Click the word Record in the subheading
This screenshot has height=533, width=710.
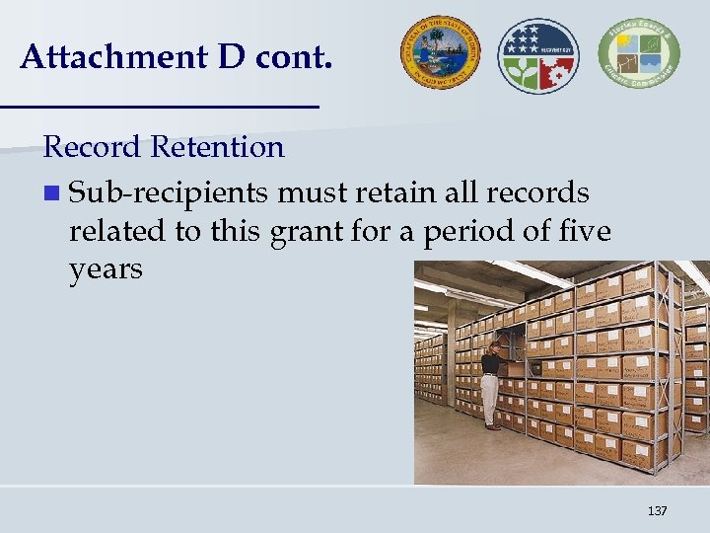click(94, 148)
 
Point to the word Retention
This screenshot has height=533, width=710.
click(218, 148)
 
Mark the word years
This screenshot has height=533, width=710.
click(106, 268)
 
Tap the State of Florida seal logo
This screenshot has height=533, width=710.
click(439, 50)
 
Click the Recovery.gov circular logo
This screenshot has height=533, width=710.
click(538, 55)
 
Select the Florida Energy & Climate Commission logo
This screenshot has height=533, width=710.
click(637, 52)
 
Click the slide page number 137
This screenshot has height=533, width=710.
click(657, 510)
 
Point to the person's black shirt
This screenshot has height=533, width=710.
click(490, 362)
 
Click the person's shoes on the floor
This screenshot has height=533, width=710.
click(492, 426)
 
